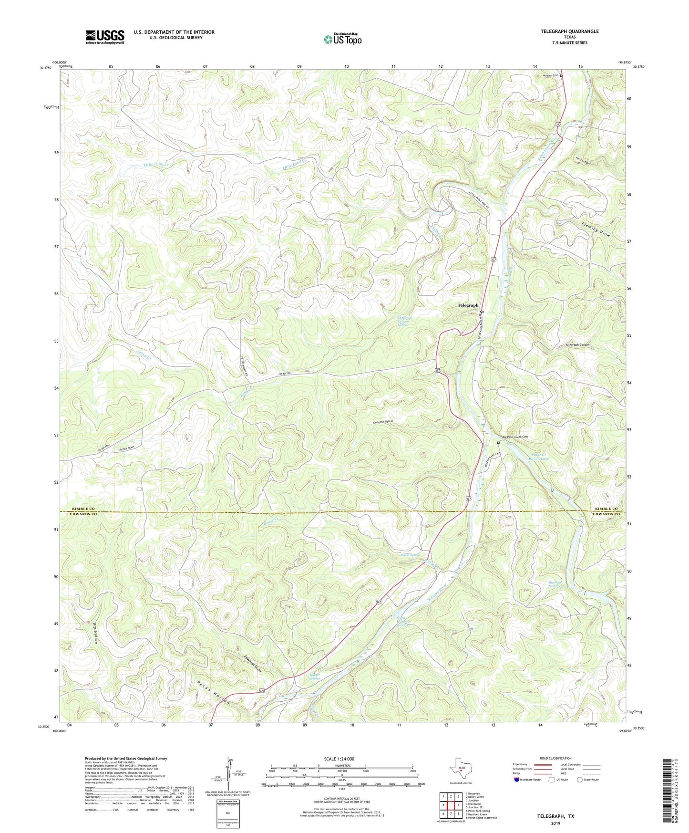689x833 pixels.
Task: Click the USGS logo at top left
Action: tap(105, 37)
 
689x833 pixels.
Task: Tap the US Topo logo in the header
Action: tap(342, 39)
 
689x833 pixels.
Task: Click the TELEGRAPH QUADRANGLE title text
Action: tap(569, 31)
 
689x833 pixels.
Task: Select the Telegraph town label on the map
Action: tap(468, 305)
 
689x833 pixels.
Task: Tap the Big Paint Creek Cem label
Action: tap(515, 437)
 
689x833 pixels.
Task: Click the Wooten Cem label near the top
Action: tap(548, 75)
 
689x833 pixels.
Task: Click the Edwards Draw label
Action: tap(253, 664)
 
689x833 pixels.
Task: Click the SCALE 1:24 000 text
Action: tap(339, 759)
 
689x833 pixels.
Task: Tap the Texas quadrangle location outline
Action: tap(460, 770)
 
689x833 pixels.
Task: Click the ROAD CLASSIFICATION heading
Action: tap(555, 758)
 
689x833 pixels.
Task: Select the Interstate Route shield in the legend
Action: tap(517, 780)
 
